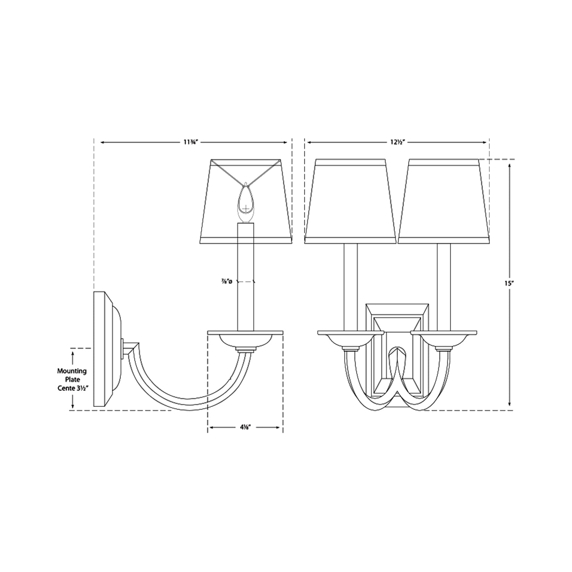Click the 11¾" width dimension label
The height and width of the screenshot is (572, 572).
tap(190, 142)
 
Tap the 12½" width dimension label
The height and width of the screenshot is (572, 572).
tap(397, 142)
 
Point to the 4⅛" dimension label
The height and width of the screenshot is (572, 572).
tap(245, 427)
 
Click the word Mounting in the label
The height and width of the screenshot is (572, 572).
tap(72, 371)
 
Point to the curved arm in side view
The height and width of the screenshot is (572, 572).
tap(183, 397)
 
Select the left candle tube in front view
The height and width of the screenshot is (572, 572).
tap(350, 286)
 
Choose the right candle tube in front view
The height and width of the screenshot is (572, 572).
tap(443, 286)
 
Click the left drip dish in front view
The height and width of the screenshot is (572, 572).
tap(350, 337)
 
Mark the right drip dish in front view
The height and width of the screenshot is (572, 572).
tap(443, 337)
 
